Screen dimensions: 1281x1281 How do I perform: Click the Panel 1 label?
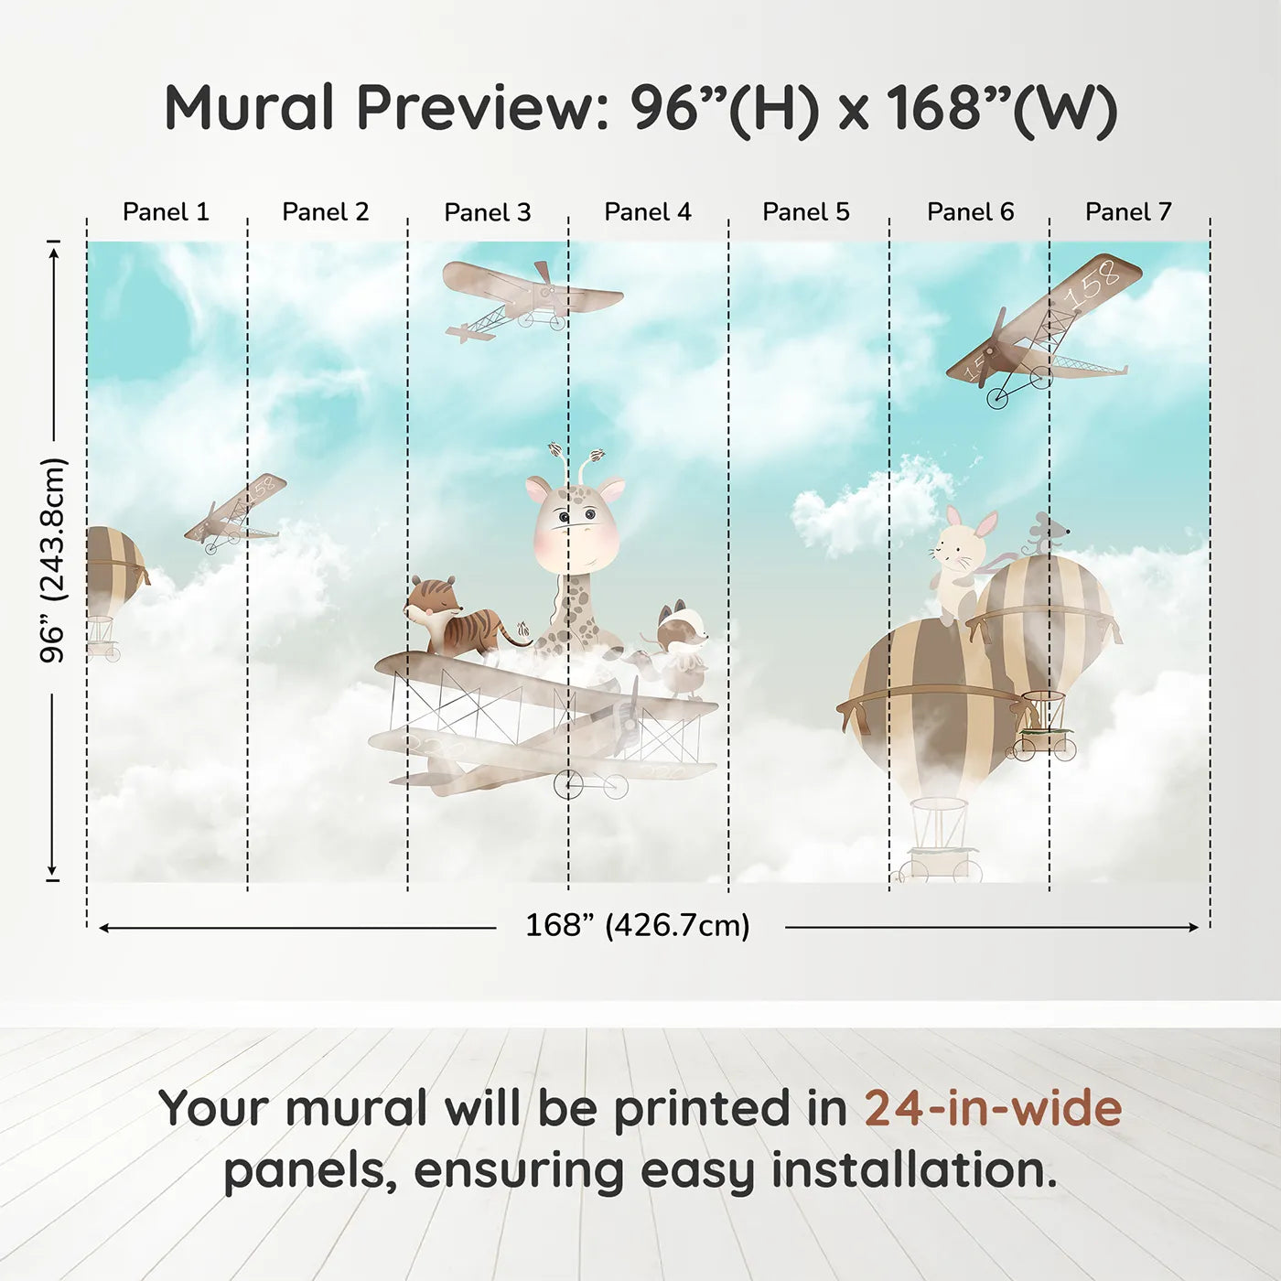click(166, 212)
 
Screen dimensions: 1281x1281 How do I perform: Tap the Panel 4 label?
click(648, 212)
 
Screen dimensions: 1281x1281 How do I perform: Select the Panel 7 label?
click(1128, 212)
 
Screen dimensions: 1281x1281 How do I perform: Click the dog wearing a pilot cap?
click(677, 648)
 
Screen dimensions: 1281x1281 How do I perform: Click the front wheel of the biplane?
click(568, 784)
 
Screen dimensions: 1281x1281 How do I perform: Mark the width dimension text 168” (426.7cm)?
click(638, 926)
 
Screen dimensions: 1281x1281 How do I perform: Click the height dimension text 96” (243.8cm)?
click(52, 560)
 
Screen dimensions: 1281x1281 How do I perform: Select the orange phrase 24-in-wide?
click(993, 1108)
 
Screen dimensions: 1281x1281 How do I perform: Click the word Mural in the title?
click(249, 107)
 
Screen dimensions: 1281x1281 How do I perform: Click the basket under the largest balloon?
click(940, 841)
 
